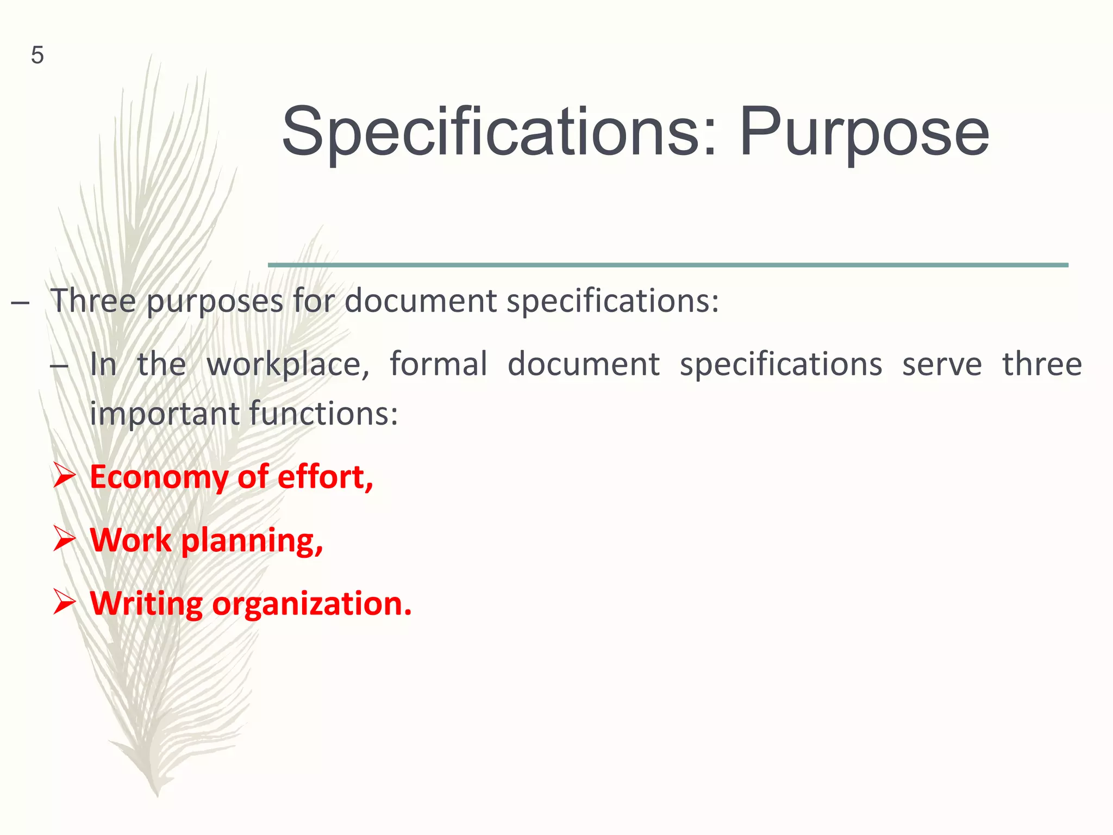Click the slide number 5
coord(37,55)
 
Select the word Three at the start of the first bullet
coord(93,300)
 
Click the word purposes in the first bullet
coord(215,301)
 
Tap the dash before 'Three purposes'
coord(20,302)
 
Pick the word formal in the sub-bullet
coord(438,364)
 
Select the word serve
coord(942,364)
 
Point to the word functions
coord(323,414)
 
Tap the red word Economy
coord(159,478)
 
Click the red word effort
coord(325,477)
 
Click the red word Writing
coord(146,604)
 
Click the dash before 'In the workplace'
coord(59,365)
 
